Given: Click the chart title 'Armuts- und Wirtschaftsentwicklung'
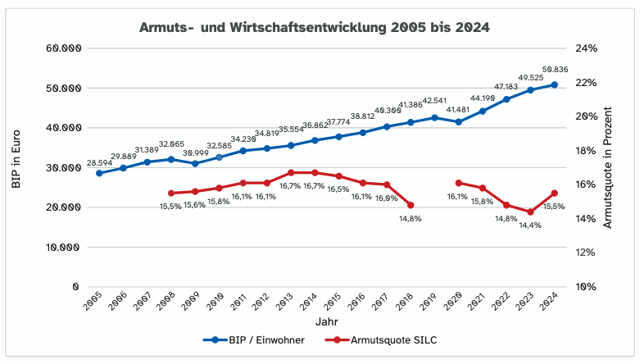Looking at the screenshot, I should click(x=315, y=27).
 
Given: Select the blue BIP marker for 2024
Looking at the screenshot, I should click(x=555, y=84).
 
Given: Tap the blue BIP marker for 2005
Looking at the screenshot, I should click(x=99, y=173).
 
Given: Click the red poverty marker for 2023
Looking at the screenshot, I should click(x=530, y=212).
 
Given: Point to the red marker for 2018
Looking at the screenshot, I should click(x=410, y=205).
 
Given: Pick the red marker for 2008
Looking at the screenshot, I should click(x=170, y=193).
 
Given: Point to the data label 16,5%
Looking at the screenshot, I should click(x=338, y=189).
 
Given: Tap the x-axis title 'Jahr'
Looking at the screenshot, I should click(x=327, y=323).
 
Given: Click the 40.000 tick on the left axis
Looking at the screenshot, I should click(x=62, y=128).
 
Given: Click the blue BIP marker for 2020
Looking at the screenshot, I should click(x=458, y=121).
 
